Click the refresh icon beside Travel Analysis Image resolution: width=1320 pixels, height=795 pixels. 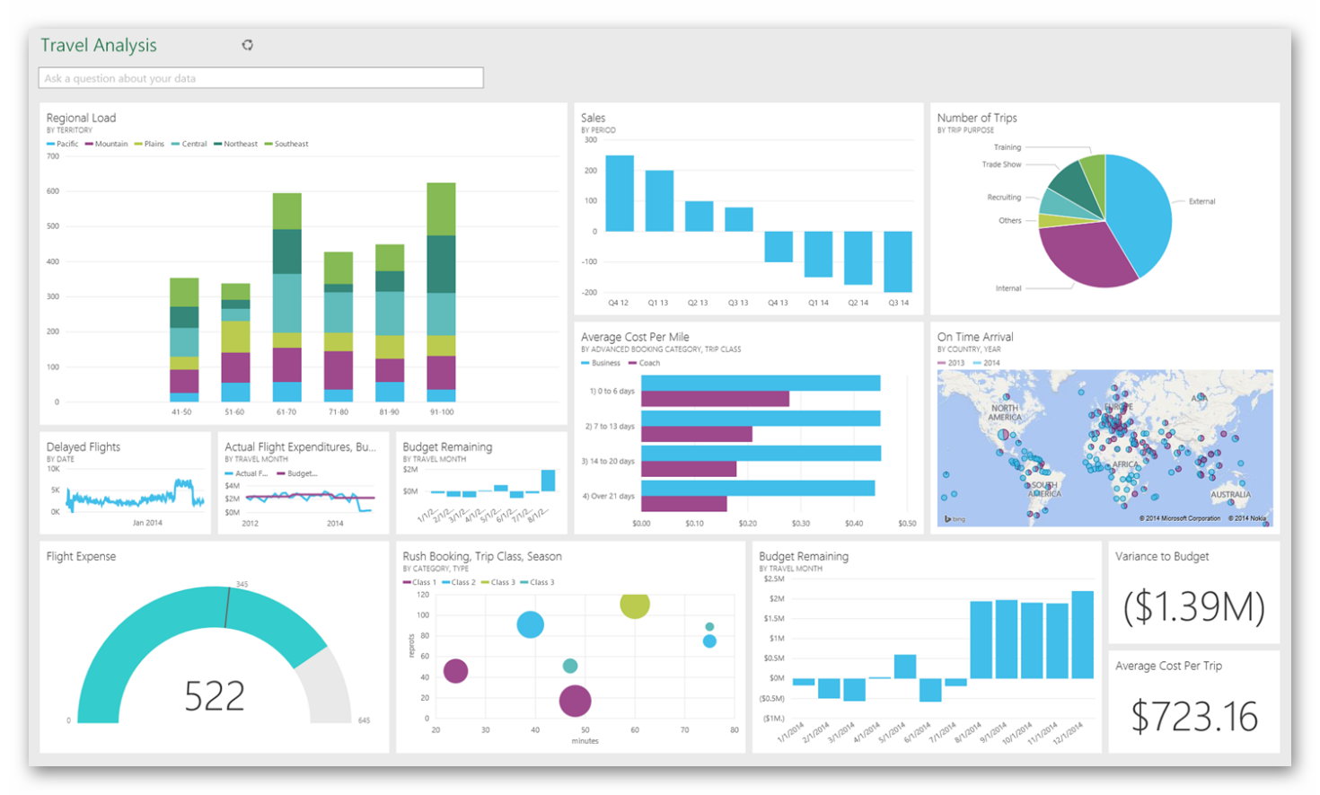click(x=248, y=45)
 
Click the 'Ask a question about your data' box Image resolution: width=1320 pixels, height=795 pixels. click(x=260, y=78)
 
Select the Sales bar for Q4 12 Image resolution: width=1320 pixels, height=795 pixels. click(x=619, y=193)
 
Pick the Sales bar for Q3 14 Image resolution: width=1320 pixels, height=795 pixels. click(x=898, y=261)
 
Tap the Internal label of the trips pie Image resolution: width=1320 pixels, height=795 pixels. click(x=1008, y=288)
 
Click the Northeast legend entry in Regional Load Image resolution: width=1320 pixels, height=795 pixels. click(x=240, y=144)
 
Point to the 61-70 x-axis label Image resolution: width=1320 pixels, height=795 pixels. click(x=286, y=412)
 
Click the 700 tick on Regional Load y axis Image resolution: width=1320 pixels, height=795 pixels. click(x=53, y=156)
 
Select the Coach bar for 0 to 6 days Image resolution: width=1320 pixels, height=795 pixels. click(x=715, y=399)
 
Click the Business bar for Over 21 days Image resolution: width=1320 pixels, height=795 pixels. click(x=757, y=488)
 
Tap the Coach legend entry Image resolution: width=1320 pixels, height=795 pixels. click(x=648, y=363)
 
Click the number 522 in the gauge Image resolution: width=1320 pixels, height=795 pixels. click(x=215, y=696)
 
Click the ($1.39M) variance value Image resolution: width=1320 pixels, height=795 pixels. click(x=1193, y=607)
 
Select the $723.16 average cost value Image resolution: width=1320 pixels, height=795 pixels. click(x=1193, y=717)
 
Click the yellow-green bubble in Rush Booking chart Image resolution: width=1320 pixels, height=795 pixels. click(x=635, y=605)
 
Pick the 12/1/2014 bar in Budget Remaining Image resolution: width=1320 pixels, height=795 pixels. click(x=1082, y=634)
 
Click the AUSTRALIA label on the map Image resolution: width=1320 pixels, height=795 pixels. click(x=1230, y=495)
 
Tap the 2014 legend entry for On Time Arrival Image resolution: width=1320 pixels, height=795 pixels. click(x=990, y=363)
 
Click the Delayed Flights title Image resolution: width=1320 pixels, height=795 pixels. click(x=84, y=446)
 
